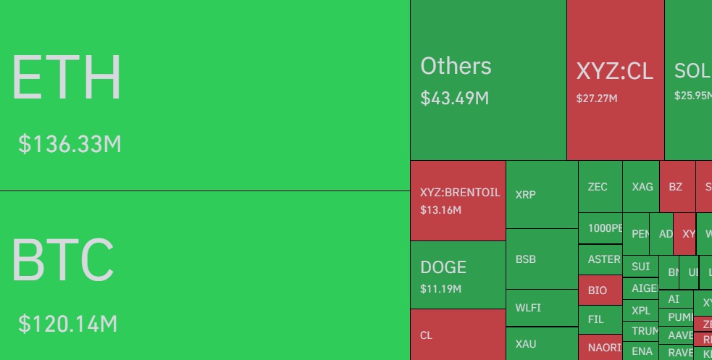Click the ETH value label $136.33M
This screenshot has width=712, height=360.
(70, 144)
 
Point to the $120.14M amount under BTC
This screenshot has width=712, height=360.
(67, 324)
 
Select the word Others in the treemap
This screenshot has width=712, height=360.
(456, 66)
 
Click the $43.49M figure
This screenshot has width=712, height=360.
(454, 98)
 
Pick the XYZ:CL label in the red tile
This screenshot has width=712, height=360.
(614, 71)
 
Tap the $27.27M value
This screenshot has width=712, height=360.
(596, 98)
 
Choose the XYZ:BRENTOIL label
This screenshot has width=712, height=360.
(460, 193)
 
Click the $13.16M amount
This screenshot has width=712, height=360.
(440, 210)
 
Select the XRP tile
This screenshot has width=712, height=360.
(541, 194)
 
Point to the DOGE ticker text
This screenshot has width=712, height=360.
(443, 267)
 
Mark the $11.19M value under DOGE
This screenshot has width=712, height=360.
(440, 289)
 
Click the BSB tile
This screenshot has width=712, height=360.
(541, 259)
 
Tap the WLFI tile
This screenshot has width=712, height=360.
(541, 307)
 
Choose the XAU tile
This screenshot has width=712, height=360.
(541, 344)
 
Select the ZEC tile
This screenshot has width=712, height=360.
(599, 187)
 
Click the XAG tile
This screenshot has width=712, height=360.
(641, 187)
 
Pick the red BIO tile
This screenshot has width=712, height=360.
(599, 290)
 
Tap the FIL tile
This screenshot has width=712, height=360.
(599, 319)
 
